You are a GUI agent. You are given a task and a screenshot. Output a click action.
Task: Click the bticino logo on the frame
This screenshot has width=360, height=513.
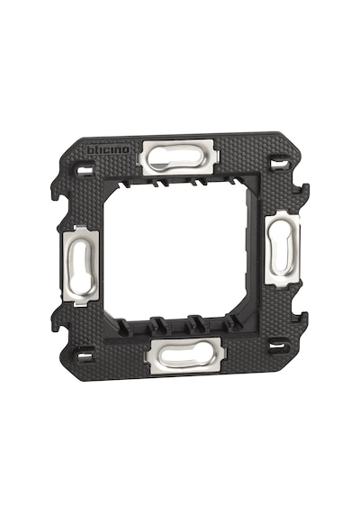[108, 149]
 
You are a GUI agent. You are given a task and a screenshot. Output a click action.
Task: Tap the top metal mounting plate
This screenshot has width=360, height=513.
[179, 157]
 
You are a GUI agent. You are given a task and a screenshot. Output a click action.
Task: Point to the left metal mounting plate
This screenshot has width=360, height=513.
[79, 265]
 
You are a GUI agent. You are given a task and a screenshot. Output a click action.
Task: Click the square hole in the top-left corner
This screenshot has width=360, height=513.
[84, 170]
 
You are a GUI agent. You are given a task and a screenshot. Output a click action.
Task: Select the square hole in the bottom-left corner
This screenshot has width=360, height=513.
[83, 356]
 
